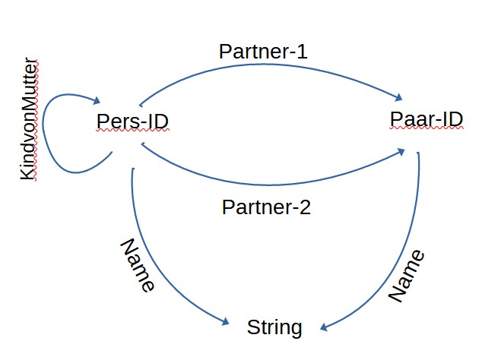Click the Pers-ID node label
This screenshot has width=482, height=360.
click(x=132, y=121)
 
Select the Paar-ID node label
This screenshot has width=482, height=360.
click(x=427, y=119)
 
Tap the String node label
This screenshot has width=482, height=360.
click(x=274, y=328)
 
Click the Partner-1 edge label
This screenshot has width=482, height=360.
click(x=263, y=52)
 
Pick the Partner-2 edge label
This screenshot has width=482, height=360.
click(x=266, y=207)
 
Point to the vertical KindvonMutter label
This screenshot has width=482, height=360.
click(x=28, y=119)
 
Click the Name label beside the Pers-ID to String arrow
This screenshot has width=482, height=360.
click(x=138, y=265)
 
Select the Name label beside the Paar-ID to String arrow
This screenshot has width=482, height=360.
click(x=407, y=276)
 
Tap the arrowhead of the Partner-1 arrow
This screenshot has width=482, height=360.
click(x=398, y=97)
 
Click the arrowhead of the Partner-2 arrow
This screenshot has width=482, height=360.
click(x=401, y=152)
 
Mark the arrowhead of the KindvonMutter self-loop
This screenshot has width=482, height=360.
click(x=97, y=100)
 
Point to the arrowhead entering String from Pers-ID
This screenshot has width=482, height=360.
click(x=225, y=321)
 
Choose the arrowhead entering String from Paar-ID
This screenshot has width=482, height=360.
click(x=324, y=327)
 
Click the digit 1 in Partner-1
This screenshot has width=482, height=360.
click(x=302, y=52)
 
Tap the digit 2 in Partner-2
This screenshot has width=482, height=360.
click(x=305, y=207)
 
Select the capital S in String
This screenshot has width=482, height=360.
click(x=252, y=327)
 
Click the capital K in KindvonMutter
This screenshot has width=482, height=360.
click(x=28, y=174)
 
